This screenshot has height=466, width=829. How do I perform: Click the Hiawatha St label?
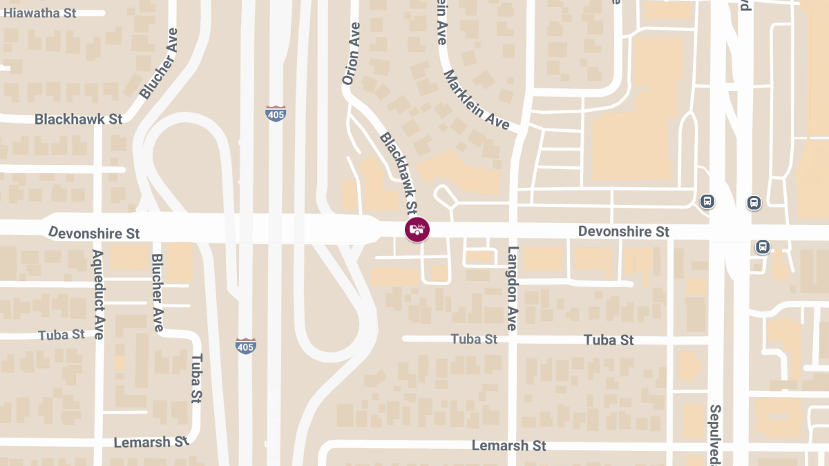(x=39, y=13)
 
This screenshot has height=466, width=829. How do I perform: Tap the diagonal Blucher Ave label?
(x=159, y=64)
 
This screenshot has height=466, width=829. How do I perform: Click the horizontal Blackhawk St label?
(x=79, y=119)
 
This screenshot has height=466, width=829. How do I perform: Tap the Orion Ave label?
(x=352, y=54)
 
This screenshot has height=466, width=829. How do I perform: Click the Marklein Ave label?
(x=477, y=99)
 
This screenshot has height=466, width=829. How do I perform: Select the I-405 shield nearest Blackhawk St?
(x=276, y=114)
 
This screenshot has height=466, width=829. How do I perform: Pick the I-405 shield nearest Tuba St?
(x=245, y=346)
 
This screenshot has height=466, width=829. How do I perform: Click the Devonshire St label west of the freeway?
(x=95, y=232)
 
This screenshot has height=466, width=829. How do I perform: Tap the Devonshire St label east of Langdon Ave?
(x=623, y=231)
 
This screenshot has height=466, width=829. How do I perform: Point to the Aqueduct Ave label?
(x=97, y=294)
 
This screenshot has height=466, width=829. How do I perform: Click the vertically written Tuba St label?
(x=197, y=378)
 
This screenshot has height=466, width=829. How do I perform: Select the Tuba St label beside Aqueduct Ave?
(x=61, y=335)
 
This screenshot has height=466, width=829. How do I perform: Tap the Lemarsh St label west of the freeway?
(x=151, y=442)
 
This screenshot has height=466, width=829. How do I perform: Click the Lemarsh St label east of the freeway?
(x=508, y=445)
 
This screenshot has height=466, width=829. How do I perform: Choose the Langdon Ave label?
(x=512, y=288)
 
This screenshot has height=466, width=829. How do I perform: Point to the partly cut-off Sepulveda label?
(x=715, y=434)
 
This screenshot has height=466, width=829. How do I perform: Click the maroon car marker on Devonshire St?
(x=417, y=230)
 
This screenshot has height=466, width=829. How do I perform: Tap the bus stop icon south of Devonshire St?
(x=763, y=246)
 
